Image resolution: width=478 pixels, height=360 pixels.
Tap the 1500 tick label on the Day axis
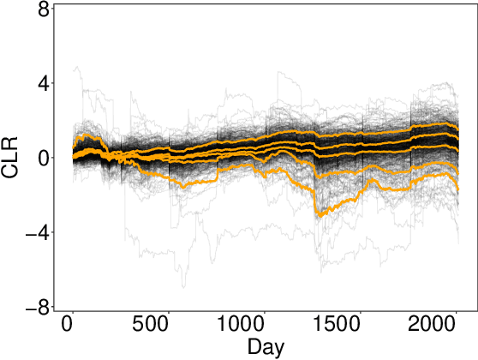338,328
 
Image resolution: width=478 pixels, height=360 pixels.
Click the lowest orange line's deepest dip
318,216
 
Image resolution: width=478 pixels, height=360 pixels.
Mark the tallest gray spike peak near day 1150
278,72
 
